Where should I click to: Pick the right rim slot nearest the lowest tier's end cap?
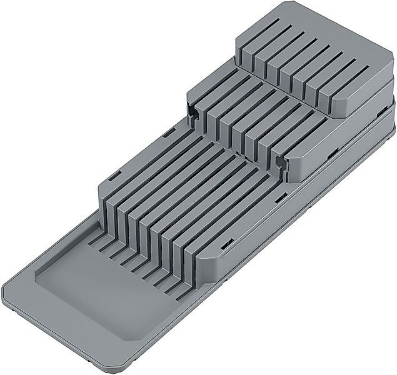[x=233, y=240]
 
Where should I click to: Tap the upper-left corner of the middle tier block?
[x=189, y=94]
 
